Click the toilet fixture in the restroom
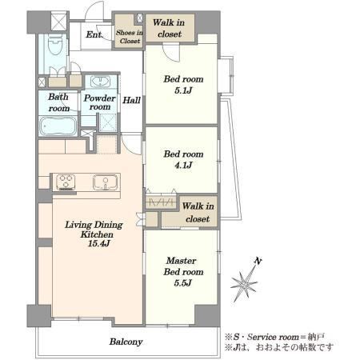tap(55, 45)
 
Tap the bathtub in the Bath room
tap(58, 126)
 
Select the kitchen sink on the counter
tap(105, 182)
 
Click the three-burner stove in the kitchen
tap(66, 182)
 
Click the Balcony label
tap(126, 342)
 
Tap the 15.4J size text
tap(99, 243)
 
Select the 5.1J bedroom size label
tap(183, 90)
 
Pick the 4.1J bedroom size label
tap(183, 166)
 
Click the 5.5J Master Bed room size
tap(182, 282)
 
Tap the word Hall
tap(131, 100)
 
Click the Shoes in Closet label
tap(130, 37)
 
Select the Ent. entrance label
tap(94, 34)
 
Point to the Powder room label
tap(100, 102)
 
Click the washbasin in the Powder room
tap(100, 82)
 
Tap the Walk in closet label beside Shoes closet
tap(169, 28)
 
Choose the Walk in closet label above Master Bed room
tap(198, 212)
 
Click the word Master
tap(182, 261)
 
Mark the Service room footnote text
tap(275, 337)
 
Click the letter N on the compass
tap(258, 261)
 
